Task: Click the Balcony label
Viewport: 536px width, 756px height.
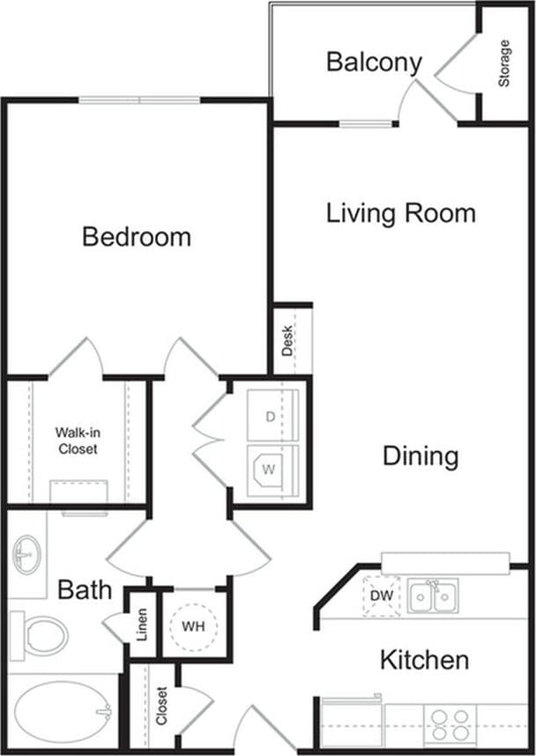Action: coord(374,63)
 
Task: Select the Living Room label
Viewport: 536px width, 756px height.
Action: coord(401,213)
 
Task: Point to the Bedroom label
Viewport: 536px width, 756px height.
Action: coord(137,236)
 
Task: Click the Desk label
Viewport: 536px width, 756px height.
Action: coord(288,340)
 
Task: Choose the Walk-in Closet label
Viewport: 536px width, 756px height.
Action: coord(78,441)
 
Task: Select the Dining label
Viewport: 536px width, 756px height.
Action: coord(421,456)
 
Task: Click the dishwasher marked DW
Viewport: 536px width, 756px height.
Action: coord(381,597)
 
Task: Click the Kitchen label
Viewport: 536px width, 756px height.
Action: coord(424,659)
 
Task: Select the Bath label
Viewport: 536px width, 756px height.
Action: coord(85,589)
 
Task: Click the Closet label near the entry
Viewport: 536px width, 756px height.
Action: coord(161,706)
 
